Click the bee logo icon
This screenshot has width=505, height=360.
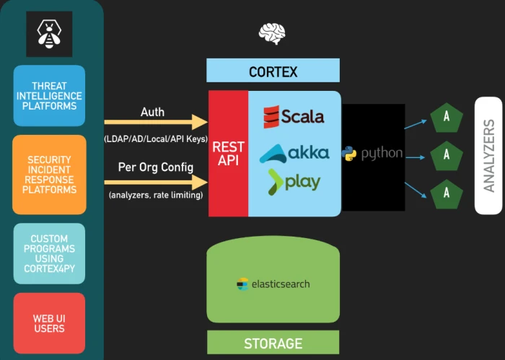pos(49,34)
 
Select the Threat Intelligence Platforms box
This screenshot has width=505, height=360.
pos(49,96)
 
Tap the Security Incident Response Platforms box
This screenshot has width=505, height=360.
pos(49,175)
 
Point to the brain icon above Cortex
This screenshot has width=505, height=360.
pos(272,33)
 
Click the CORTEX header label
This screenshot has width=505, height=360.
pos(273,71)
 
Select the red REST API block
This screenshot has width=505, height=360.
pos(228,154)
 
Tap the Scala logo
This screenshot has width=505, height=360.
pos(294,116)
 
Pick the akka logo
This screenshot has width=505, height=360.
pos(294,152)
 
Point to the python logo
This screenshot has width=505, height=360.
pos(372,153)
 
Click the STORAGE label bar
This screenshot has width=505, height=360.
pos(273,343)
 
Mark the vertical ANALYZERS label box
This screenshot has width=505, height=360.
pos(488,155)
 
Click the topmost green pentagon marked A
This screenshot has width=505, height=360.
pos(447,117)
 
